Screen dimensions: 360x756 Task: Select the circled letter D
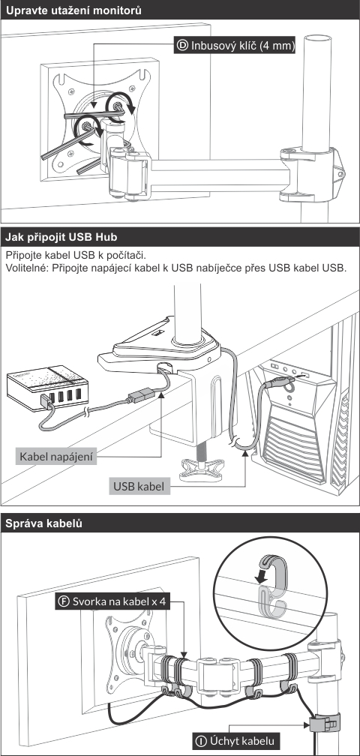tap(183, 46)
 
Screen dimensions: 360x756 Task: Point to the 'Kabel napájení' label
tap(56, 456)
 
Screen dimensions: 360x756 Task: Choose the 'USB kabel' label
tap(139, 487)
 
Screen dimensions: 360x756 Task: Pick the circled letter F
tap(64, 601)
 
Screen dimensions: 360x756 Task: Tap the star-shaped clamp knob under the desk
tap(202, 468)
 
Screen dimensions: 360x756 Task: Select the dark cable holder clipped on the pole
tap(324, 723)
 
